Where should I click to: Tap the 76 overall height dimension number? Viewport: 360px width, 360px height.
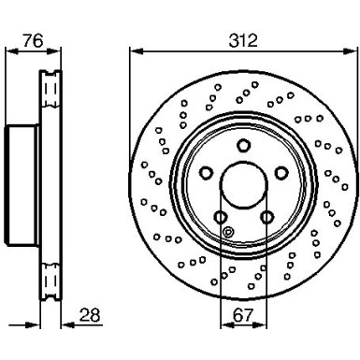tap(34, 41)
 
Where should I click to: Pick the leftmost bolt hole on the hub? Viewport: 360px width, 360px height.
tap(204, 173)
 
